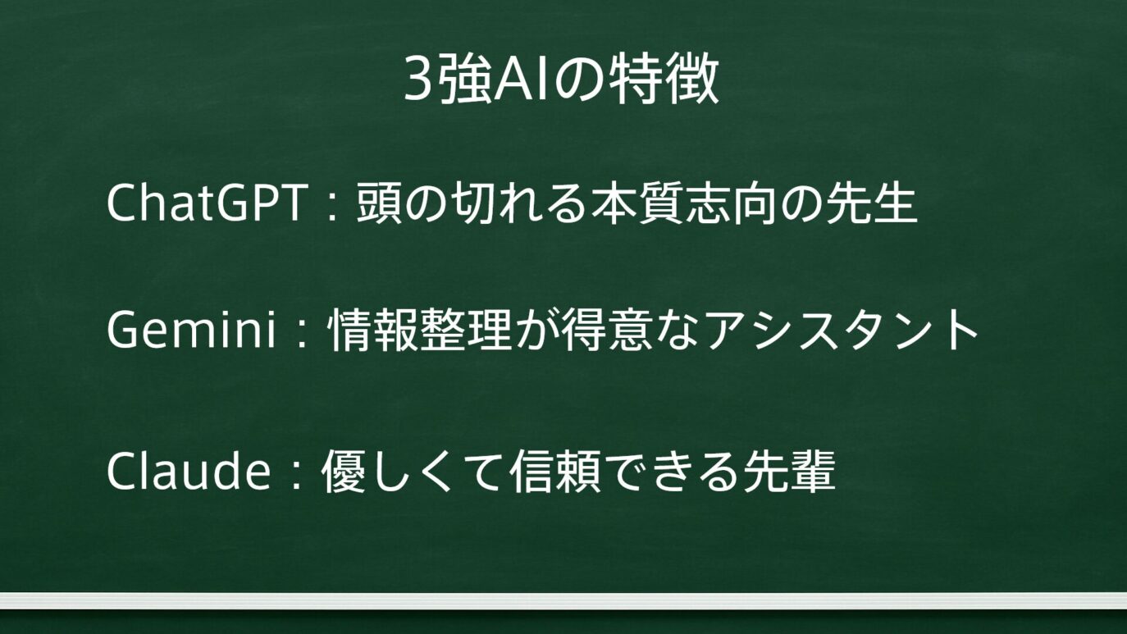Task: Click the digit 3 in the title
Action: tap(418, 80)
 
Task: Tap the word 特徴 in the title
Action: tap(663, 80)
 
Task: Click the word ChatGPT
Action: tap(208, 203)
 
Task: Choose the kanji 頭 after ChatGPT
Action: tap(379, 203)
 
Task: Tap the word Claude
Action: tap(188, 470)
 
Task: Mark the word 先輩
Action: tap(790, 471)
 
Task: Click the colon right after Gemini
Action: tap(303, 332)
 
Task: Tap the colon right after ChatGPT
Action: tap(331, 205)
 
